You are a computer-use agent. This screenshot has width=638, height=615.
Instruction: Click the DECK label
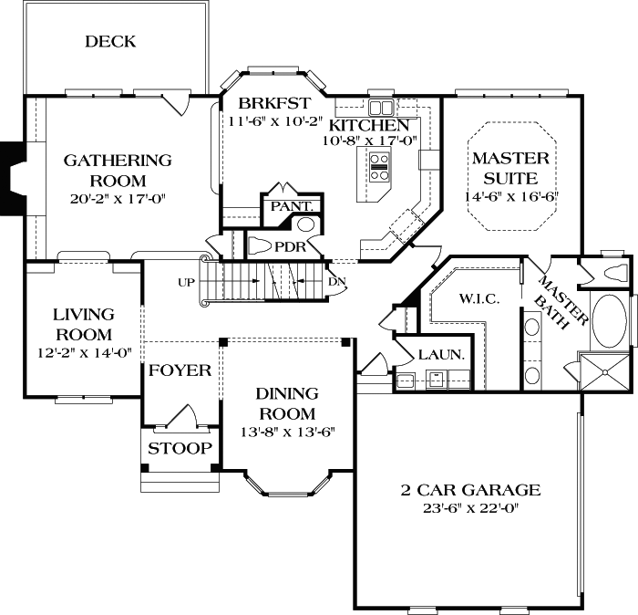(110, 41)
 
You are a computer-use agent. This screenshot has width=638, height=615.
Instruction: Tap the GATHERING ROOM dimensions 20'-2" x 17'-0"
(117, 198)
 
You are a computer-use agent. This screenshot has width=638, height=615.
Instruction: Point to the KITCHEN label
(368, 124)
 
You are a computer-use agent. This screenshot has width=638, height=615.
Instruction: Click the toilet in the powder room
(263, 245)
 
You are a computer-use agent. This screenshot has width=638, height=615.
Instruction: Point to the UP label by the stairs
(186, 282)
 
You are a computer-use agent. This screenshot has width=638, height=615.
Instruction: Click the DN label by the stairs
(336, 281)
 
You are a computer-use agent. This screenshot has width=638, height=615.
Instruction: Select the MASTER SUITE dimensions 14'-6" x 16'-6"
(511, 196)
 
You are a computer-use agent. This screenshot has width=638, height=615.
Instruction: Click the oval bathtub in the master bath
(608, 320)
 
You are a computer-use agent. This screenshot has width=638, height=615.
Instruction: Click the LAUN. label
(441, 354)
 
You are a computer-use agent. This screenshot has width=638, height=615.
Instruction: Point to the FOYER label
(180, 370)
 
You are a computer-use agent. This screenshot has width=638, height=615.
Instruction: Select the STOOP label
(180, 449)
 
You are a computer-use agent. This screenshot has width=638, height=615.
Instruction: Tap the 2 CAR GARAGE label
(469, 491)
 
